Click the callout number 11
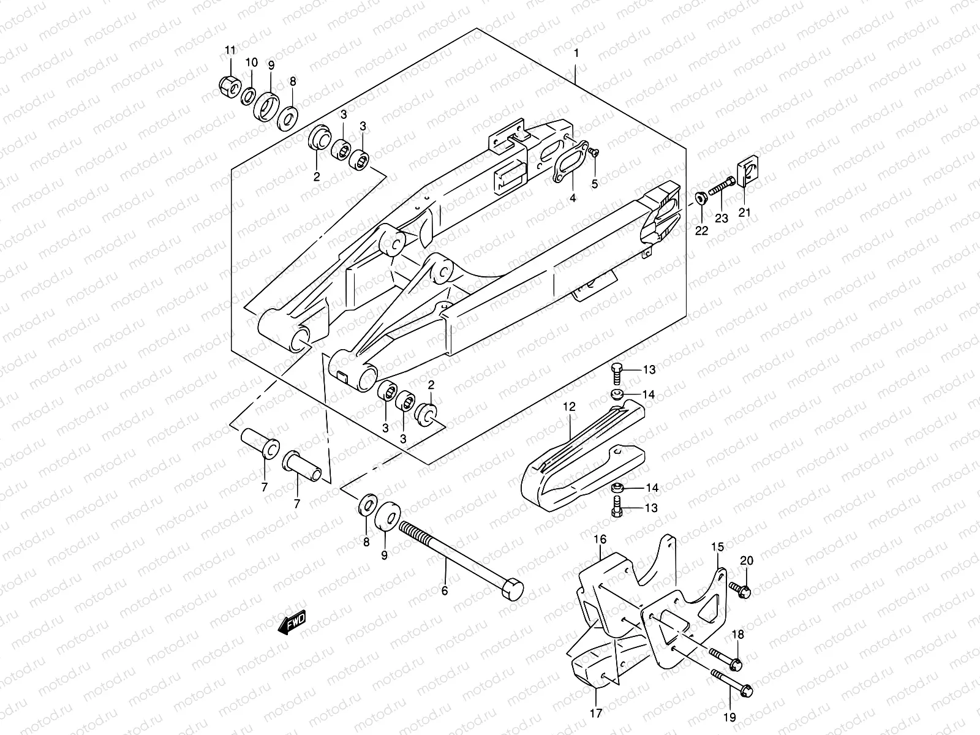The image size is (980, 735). pyautogui.click(x=230, y=50)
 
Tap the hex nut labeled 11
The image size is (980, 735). pyautogui.click(x=228, y=86)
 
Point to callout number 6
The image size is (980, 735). pyautogui.click(x=445, y=591)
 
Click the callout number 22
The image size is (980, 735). pyautogui.click(x=701, y=231)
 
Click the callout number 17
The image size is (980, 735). pyautogui.click(x=596, y=713)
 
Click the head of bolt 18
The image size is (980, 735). pyautogui.click(x=737, y=663)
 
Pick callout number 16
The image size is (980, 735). pyautogui.click(x=600, y=539)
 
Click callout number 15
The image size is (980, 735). pyautogui.click(x=717, y=546)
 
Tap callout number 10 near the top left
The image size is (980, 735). pyautogui.click(x=252, y=62)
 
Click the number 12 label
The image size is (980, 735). pyautogui.click(x=570, y=406)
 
